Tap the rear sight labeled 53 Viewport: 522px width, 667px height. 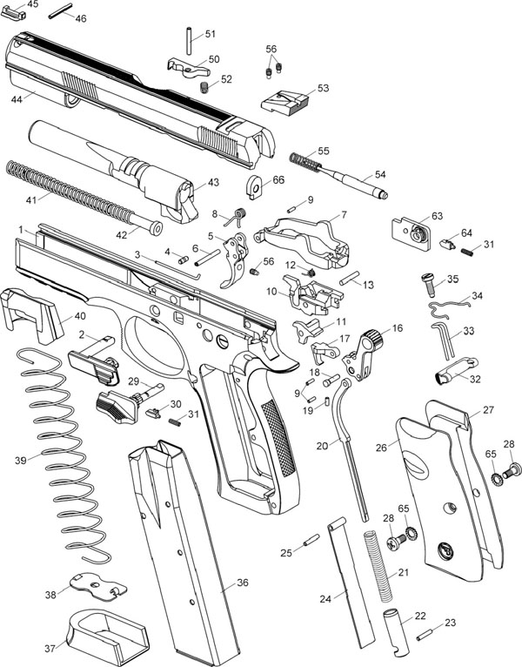pyautogui.click(x=284, y=103)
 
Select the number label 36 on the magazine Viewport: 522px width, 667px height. pyautogui.click(x=243, y=583)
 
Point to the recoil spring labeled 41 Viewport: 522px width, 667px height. pyautogui.click(x=70, y=187)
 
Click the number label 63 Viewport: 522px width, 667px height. pyautogui.click(x=437, y=215)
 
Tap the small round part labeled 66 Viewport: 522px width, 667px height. pyautogui.click(x=255, y=185)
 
